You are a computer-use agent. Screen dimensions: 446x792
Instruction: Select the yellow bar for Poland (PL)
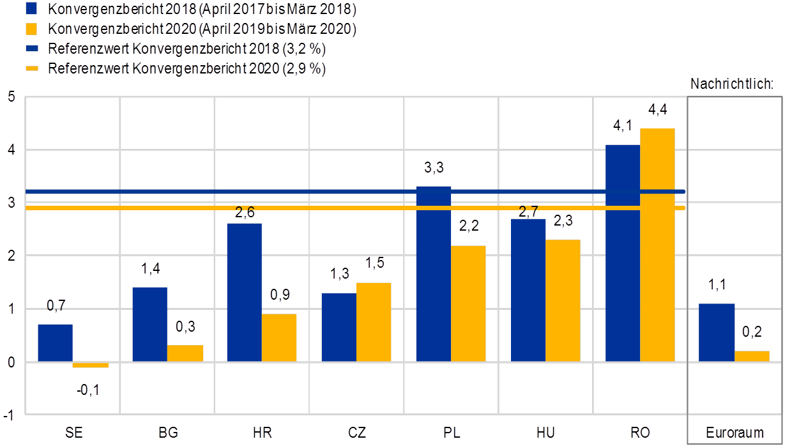tap(468, 304)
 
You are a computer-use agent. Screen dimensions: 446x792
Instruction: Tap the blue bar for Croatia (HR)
tap(244, 292)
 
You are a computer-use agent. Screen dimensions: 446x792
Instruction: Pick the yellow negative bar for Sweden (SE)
tap(91, 365)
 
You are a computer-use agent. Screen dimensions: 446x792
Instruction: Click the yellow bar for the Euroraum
tap(752, 356)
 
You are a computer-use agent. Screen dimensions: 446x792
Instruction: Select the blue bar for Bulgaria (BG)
tap(149, 324)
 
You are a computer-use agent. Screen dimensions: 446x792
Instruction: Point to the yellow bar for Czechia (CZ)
tap(374, 322)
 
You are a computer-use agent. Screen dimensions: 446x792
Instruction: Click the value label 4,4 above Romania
tap(657, 110)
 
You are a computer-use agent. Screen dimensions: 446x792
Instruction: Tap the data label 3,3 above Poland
tap(434, 168)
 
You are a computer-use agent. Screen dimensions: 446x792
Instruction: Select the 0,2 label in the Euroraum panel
tap(752, 332)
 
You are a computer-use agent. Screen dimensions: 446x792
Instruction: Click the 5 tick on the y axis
tap(10, 97)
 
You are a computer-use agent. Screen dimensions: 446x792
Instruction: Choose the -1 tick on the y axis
tap(8, 415)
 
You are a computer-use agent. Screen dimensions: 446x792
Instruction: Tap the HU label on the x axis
tap(546, 433)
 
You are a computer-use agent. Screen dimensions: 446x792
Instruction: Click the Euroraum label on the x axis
tap(735, 433)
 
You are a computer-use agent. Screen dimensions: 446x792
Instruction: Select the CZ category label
tap(356, 433)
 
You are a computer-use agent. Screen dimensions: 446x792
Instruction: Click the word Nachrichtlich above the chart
tap(732, 84)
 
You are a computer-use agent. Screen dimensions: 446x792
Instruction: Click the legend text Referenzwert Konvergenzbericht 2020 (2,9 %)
tap(187, 69)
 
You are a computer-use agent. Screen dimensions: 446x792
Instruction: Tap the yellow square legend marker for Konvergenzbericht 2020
tap(33, 29)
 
